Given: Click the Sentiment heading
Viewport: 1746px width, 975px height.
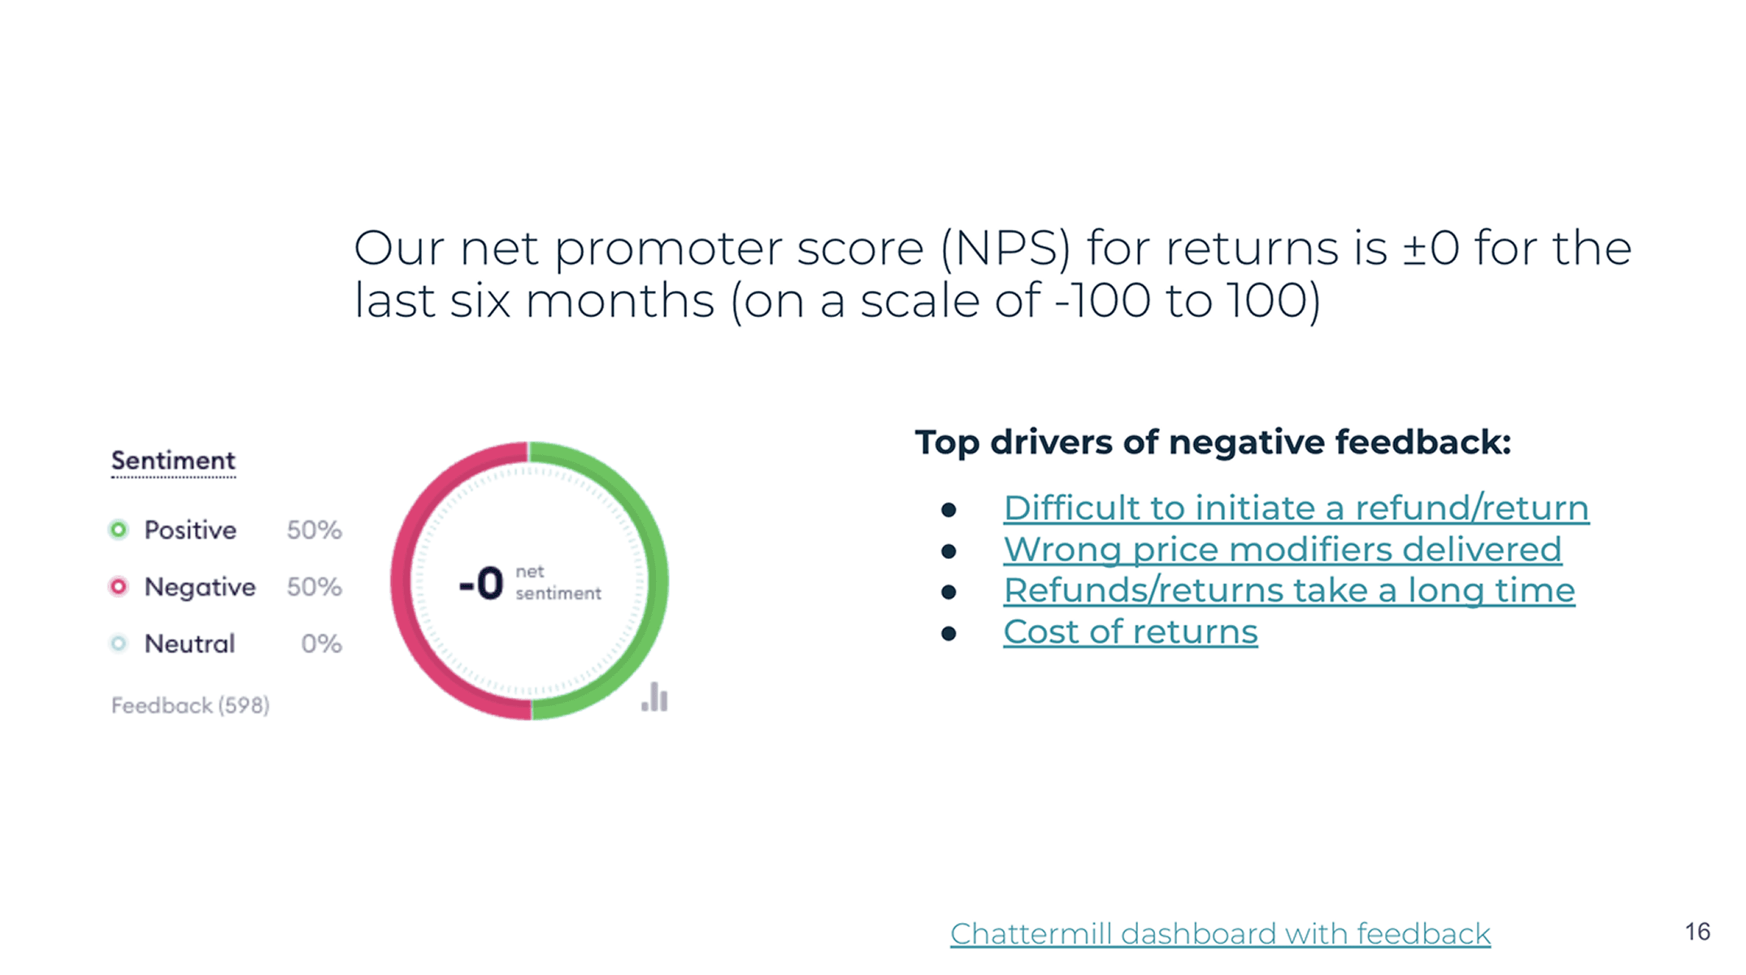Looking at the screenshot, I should (173, 461).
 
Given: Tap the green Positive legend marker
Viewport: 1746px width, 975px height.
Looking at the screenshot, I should (119, 530).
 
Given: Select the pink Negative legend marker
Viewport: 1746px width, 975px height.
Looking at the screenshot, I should (119, 587).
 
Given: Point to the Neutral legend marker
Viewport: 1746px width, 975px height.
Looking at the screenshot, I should (119, 643).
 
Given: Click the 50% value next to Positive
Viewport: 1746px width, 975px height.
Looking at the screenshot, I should (314, 530).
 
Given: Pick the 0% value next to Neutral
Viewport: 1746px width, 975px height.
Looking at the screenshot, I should (321, 643).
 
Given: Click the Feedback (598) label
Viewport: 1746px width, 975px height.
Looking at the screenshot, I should (190, 705).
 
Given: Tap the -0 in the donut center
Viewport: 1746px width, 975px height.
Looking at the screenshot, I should (481, 583).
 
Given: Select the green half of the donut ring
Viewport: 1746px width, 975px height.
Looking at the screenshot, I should (657, 581).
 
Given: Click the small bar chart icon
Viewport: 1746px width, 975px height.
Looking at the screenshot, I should (654, 698).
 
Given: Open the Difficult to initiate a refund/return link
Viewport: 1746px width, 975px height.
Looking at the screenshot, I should (1296, 508).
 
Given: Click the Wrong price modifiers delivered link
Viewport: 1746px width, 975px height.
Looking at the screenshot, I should (1282, 549).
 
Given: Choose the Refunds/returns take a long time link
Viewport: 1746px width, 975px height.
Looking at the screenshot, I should (1288, 590).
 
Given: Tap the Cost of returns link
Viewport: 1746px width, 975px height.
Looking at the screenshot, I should (1130, 631).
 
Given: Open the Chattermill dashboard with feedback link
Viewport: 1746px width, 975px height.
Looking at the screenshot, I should (1219, 934).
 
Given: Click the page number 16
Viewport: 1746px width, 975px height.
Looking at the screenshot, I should (1697, 931).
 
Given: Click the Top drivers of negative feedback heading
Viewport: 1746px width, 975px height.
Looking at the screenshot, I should (1212, 443).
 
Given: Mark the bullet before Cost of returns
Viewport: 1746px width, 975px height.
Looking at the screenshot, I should (949, 633).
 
